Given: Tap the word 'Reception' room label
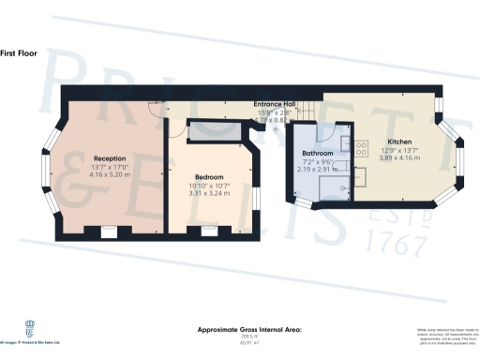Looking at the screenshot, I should click(110, 158).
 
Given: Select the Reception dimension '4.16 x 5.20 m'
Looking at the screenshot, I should click(110, 175).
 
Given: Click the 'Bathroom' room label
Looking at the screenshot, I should click(318, 153).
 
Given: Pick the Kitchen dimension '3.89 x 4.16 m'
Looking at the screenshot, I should click(400, 157).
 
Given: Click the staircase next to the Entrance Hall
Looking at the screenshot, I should click(303, 112).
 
